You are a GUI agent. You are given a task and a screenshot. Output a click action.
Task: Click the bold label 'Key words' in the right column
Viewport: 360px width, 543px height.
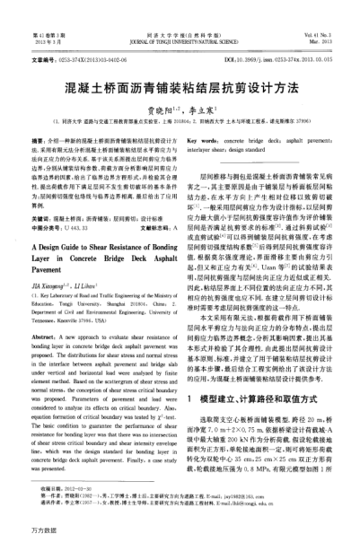click(x=207, y=142)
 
